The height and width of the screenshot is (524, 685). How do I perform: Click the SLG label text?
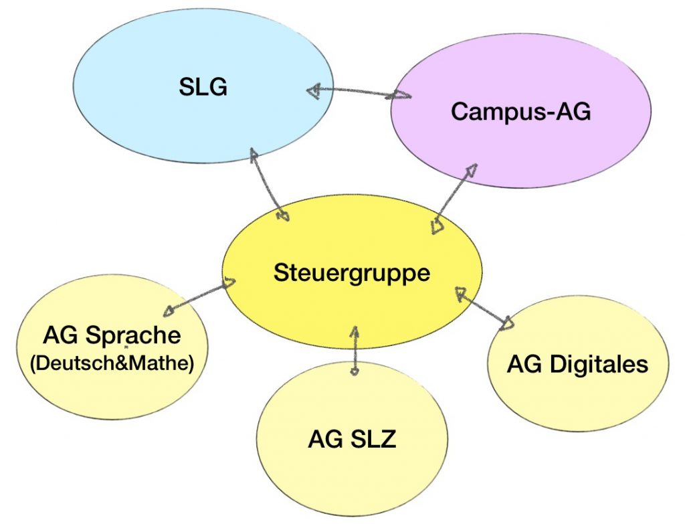point(203,86)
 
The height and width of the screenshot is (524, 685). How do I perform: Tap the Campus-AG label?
point(520,111)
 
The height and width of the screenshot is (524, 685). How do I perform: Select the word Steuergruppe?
point(352,273)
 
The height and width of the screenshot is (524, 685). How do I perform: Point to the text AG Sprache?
point(112,334)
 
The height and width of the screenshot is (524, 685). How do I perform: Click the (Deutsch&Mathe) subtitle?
point(112,363)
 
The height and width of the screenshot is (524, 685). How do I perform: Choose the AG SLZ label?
point(352,440)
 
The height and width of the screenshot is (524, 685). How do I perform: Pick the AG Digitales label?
point(577,364)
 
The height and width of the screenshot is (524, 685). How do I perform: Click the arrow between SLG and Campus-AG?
point(359,92)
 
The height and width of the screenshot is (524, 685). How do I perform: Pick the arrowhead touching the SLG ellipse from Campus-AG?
point(314,91)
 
